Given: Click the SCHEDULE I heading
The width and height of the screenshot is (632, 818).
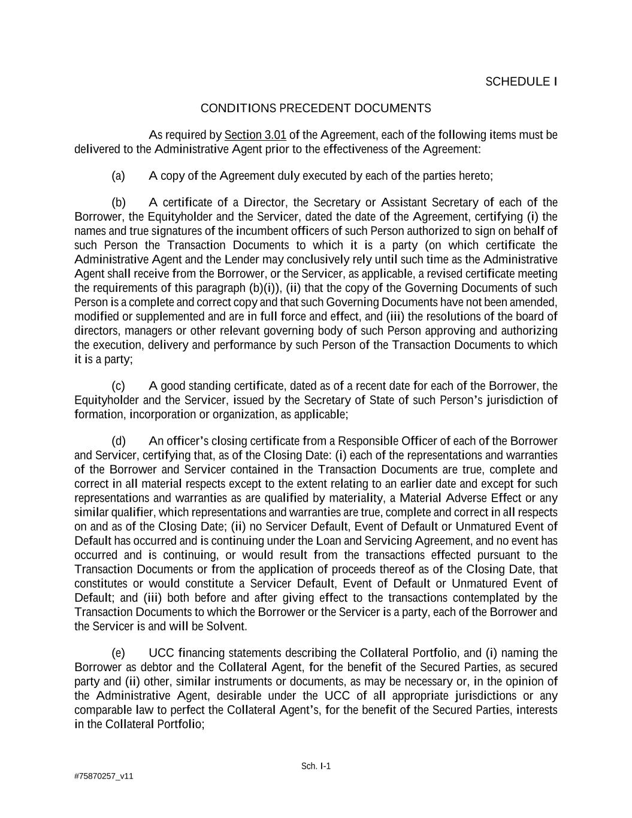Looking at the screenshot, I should pyautogui.click(x=521, y=82).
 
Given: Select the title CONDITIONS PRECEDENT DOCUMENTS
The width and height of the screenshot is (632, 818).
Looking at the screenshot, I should pyautogui.click(x=315, y=108).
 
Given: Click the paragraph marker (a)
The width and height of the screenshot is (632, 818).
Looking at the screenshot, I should pyautogui.click(x=118, y=176).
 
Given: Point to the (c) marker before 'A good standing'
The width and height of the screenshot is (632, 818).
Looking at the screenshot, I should pyautogui.click(x=118, y=385).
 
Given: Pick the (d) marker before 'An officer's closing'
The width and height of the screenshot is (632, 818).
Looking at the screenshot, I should pyautogui.click(x=118, y=441).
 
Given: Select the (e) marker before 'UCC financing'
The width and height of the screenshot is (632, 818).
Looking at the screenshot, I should pyautogui.click(x=118, y=653).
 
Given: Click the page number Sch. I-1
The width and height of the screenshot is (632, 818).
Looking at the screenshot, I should pyautogui.click(x=316, y=766).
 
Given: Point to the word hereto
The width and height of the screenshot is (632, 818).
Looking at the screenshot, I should pyautogui.click(x=475, y=176).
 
